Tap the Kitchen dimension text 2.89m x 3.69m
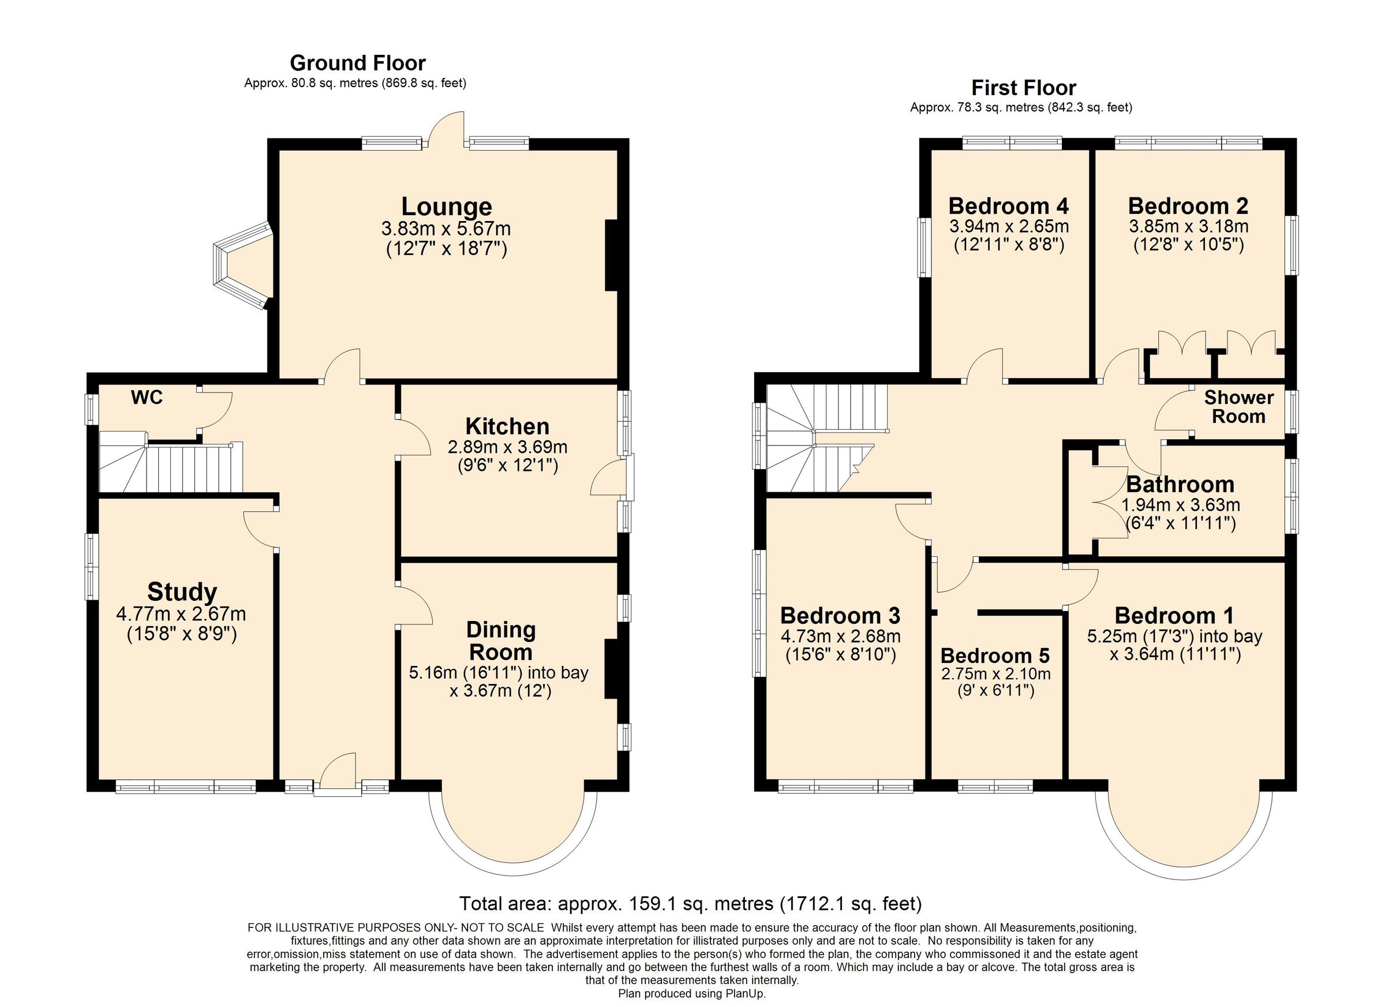(x=507, y=447)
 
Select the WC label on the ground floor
(x=147, y=398)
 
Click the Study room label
(x=181, y=592)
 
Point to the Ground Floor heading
(x=357, y=63)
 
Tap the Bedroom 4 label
(x=1008, y=206)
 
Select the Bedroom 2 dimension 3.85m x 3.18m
(x=1188, y=227)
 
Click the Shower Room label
(x=1238, y=407)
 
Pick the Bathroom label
(x=1180, y=484)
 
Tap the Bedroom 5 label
(x=995, y=656)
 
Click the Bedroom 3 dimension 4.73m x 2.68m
(x=840, y=637)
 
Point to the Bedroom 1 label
(x=1174, y=616)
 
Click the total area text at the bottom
(x=690, y=903)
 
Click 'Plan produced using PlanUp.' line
(x=691, y=994)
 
